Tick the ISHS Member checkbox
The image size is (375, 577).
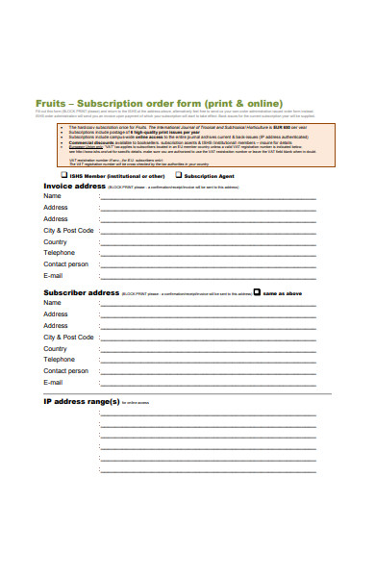coord(64,176)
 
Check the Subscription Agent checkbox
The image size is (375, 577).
coord(178,176)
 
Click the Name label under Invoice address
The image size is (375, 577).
coord(52,196)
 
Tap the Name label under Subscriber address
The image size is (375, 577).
coord(52,302)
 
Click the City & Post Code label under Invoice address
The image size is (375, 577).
coord(68,231)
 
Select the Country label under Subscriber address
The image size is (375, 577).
coord(55,348)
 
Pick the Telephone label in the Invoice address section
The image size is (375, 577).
coord(59,253)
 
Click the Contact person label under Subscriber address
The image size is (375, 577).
coord(65,370)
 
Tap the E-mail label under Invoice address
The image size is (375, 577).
coord(53,275)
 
